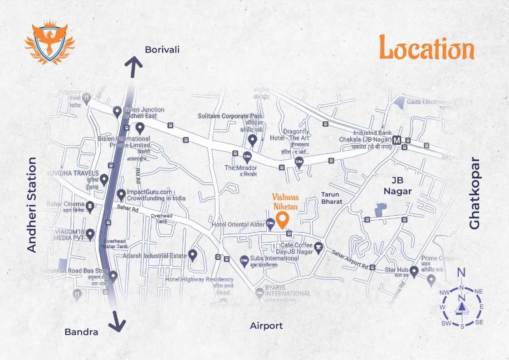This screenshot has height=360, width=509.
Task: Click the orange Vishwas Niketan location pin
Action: pos(283,220)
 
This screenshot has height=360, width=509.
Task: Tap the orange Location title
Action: pos(426,48)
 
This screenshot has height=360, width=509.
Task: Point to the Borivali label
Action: pos(162,49)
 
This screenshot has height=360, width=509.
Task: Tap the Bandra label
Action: pos(81,332)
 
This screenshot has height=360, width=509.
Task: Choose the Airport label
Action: pos(266,325)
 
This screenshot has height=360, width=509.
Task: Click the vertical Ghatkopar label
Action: pos(474,193)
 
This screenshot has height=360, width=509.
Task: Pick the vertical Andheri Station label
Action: pos(31,205)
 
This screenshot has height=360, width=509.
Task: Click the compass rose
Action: pos(462,303)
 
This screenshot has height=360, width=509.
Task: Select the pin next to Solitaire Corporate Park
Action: pos(253,139)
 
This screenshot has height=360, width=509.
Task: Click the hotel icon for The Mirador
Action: pos(247,157)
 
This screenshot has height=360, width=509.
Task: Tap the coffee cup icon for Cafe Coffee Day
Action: pos(318,247)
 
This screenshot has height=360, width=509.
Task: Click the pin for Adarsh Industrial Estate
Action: pos(192,255)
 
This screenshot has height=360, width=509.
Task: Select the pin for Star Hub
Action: pos(414,270)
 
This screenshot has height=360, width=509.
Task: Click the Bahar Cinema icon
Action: pos(90,207)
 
